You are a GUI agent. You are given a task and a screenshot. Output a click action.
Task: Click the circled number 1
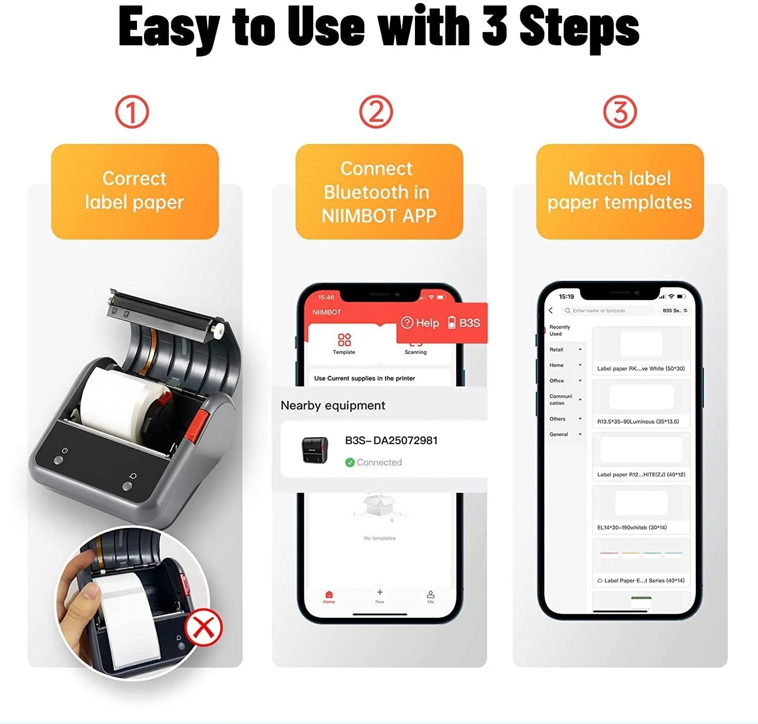(132, 112)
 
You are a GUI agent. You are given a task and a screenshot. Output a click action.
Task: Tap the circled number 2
(376, 112)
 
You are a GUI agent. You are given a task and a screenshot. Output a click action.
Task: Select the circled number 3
(620, 112)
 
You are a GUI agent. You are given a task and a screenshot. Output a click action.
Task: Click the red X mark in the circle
(204, 628)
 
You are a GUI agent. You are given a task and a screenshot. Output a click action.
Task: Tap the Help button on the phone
(420, 323)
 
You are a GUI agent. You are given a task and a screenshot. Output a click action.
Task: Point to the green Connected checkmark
(350, 462)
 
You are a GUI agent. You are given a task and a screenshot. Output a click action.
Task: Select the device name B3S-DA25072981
(391, 441)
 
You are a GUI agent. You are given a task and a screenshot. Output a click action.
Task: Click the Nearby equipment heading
(333, 406)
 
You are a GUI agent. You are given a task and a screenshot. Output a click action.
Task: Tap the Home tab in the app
(329, 597)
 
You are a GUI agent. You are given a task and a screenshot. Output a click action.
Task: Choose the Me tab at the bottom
(431, 597)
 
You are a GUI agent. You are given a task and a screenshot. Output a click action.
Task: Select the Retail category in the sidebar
(557, 350)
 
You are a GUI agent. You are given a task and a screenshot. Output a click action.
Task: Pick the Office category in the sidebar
(557, 381)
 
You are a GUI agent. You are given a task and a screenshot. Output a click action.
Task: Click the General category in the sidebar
(559, 435)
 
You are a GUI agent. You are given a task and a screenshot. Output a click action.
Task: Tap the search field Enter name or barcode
(608, 311)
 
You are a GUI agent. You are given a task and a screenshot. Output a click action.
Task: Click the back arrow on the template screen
(551, 311)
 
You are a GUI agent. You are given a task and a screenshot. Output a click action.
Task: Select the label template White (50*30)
(641, 351)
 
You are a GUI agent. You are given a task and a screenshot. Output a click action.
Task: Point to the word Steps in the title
(579, 28)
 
